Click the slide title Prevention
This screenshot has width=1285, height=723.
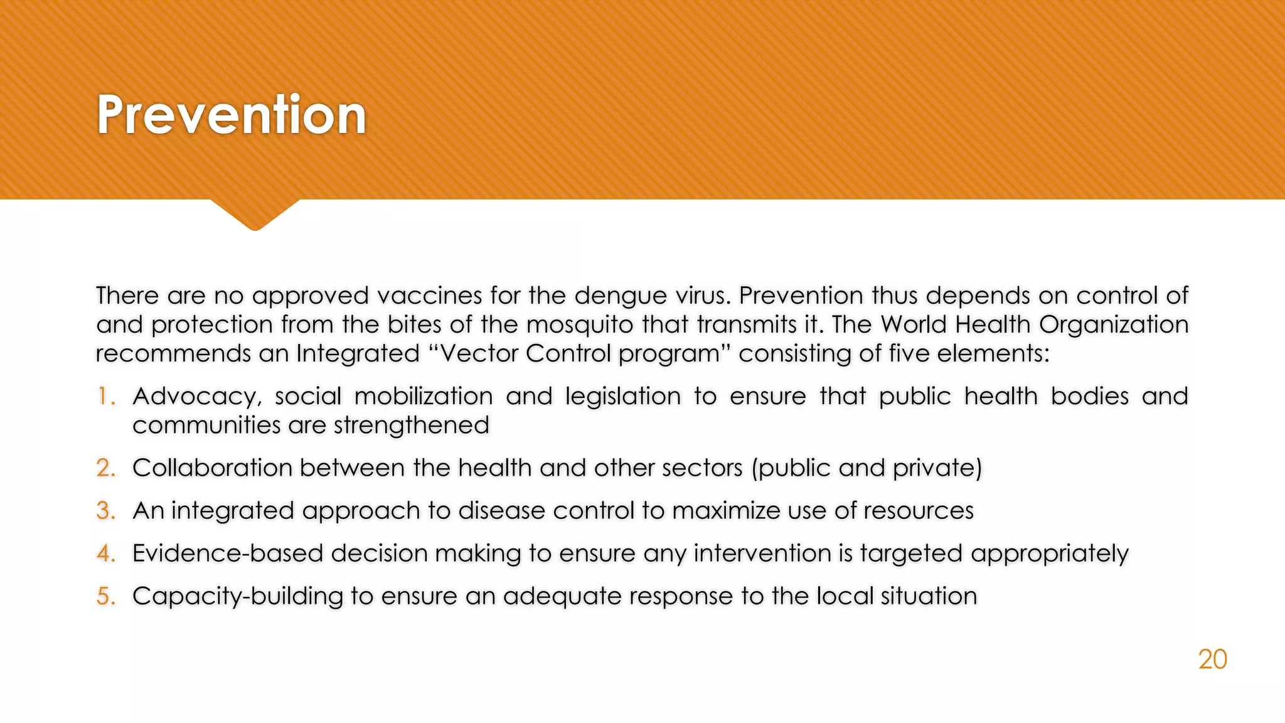coord(231,114)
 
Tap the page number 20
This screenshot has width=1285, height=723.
coord(1212,659)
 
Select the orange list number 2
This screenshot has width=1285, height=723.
coord(105,468)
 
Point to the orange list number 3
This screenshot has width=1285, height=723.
coord(105,511)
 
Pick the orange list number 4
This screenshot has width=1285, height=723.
coord(105,554)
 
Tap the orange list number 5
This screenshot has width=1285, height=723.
coord(105,596)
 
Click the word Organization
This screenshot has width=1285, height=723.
coord(1113,325)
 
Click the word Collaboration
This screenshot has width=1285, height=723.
coord(212,468)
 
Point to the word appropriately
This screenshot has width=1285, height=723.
coord(1049,554)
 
